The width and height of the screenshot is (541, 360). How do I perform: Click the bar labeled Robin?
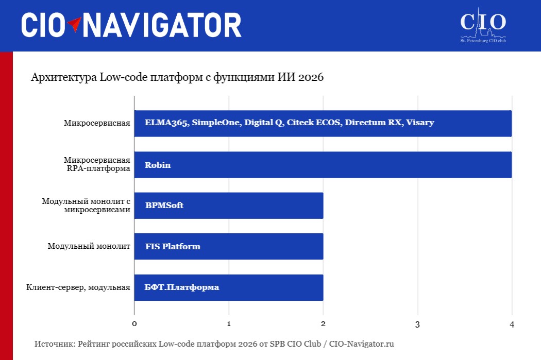coord(323,165)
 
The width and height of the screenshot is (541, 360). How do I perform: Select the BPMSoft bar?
coord(229,205)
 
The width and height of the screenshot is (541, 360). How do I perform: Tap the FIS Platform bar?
coord(229,246)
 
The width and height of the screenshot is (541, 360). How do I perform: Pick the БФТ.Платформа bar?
coord(229,287)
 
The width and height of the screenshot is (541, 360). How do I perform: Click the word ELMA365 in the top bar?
coord(166,123)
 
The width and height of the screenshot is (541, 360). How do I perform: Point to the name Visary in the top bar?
coord(420,123)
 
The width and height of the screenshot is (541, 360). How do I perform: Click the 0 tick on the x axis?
coord(134,324)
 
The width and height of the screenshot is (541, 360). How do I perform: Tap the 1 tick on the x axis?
coord(229,324)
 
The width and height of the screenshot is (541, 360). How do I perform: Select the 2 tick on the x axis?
coord(323,324)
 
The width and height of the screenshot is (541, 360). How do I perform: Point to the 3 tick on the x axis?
coord(417,324)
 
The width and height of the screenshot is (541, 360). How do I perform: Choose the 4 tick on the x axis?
coord(512,324)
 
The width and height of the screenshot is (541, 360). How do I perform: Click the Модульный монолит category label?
coord(89,246)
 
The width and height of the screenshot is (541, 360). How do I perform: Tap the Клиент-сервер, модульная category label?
coord(78,287)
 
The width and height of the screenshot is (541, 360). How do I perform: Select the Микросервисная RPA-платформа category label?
coord(97,164)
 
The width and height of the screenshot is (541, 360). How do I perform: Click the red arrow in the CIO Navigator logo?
coord(74,24)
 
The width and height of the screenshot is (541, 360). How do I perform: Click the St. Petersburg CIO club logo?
coord(483,25)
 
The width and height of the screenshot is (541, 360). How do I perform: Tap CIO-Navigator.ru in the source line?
coord(361,344)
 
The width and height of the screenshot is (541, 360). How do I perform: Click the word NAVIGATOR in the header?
coord(162,25)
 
